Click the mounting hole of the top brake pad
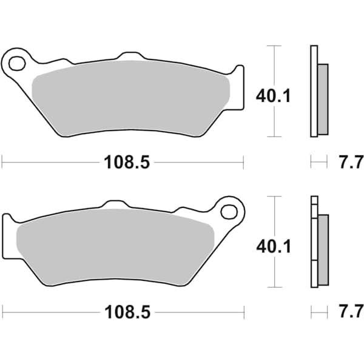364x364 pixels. [16, 62]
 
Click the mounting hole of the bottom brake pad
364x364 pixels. [229, 212]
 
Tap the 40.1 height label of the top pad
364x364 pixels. [274, 95]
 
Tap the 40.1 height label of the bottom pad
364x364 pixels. [274, 246]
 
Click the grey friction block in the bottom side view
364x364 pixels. [322, 249]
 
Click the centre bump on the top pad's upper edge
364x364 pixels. [129, 56]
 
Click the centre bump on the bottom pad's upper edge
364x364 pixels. [116, 205]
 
